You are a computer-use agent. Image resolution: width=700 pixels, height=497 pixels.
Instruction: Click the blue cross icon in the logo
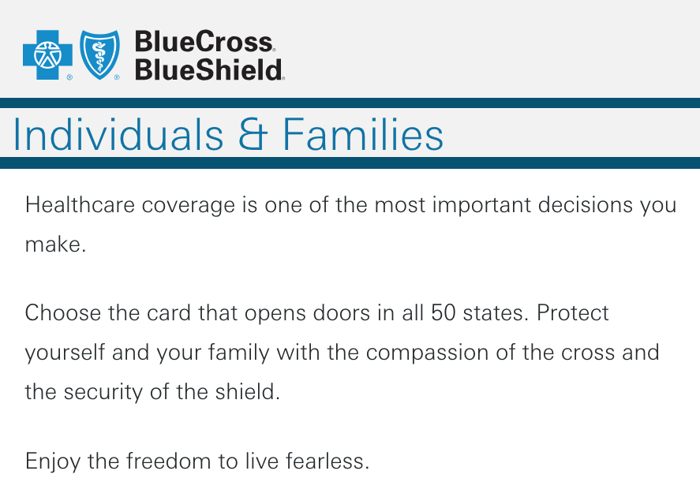tap(48, 55)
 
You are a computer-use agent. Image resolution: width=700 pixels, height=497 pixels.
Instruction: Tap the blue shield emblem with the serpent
tap(99, 54)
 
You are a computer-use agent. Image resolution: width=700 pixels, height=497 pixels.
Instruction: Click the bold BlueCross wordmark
tap(204, 42)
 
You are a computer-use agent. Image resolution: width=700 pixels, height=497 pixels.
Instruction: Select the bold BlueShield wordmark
tap(208, 69)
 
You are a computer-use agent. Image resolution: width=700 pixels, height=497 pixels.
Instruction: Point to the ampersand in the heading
tap(253, 135)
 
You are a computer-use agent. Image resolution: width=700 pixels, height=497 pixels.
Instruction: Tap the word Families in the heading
tap(363, 135)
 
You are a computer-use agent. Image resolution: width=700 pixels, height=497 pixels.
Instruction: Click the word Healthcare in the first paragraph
tap(80, 205)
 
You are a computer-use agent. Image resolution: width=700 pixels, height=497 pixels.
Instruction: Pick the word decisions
tap(586, 205)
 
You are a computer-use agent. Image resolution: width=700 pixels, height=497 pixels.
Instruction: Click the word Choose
tap(63, 312)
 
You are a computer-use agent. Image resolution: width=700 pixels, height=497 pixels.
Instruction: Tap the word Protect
tap(572, 312)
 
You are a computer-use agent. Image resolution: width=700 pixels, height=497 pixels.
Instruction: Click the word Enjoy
tap(53, 461)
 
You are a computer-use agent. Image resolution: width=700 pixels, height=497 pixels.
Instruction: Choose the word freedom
tap(168, 461)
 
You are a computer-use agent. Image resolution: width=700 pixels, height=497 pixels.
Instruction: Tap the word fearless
tap(328, 461)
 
